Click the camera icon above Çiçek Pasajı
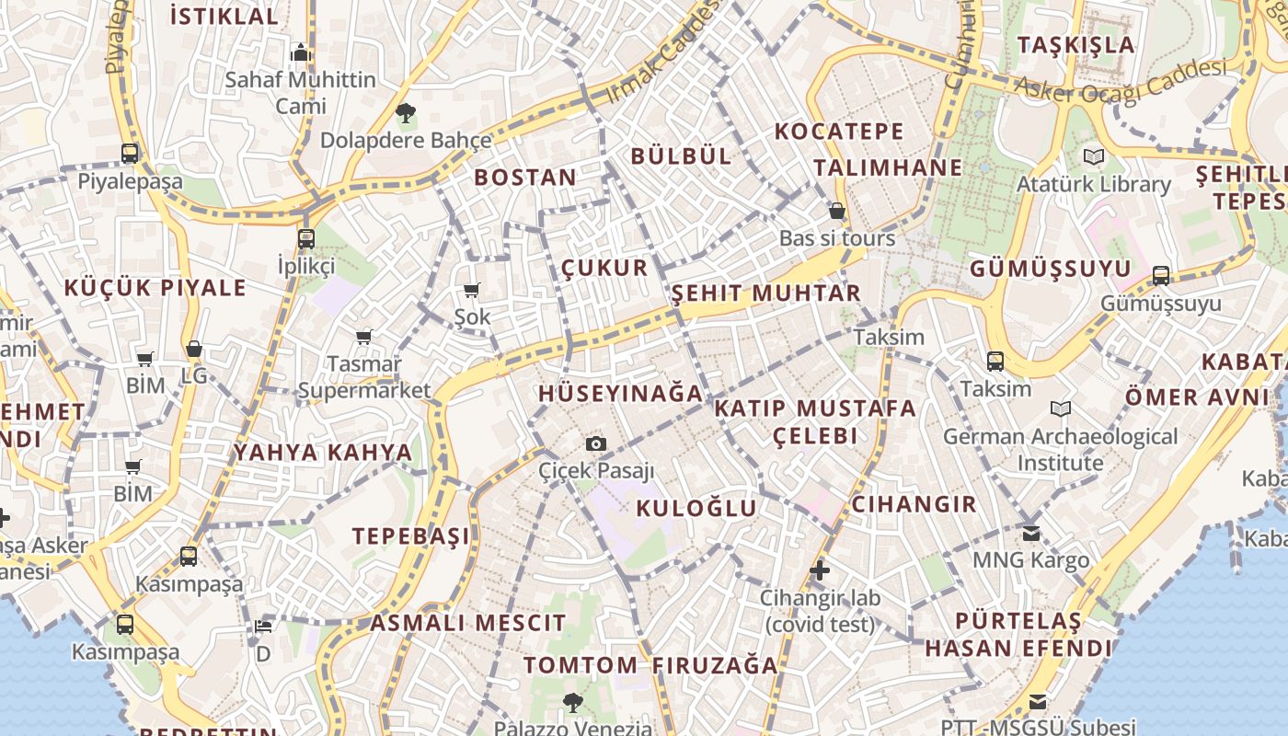[596, 444]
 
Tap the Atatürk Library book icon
[1093, 157]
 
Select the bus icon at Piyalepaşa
[130, 154]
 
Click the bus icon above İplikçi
[306, 239]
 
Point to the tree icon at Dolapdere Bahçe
[405, 114]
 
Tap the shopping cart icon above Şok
[472, 291]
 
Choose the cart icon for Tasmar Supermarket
[364, 338]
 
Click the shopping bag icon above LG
[193, 349]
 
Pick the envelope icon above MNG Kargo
[1030, 534]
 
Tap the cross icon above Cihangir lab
[820, 570]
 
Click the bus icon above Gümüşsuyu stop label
[1161, 276]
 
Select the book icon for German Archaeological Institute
[1061, 409]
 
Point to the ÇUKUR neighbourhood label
[604, 268]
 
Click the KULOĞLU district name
[696, 508]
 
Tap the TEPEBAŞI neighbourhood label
[411, 535]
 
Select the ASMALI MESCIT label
[468, 623]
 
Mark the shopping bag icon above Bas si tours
[837, 211]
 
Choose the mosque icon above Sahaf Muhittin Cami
[301, 52]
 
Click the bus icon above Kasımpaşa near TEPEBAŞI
[189, 557]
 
